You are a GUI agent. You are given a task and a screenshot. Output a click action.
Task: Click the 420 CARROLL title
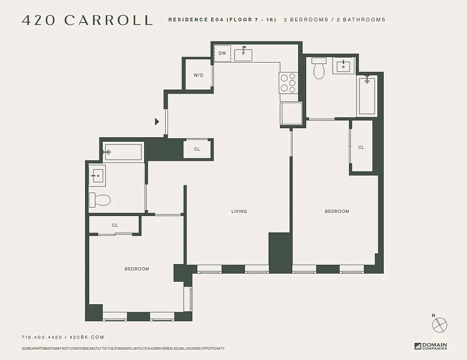pyautogui.click(x=87, y=20)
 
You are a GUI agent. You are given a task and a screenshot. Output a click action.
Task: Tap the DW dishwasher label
pyautogui.click(x=222, y=54)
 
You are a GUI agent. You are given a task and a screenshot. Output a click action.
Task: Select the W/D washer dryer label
pyautogui.click(x=199, y=75)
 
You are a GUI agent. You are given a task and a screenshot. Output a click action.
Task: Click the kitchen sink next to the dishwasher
pyautogui.click(x=243, y=54)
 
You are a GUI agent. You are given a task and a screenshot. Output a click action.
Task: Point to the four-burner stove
pyautogui.click(x=288, y=83)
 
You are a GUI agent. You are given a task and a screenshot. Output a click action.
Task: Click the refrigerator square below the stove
pyautogui.click(x=291, y=113)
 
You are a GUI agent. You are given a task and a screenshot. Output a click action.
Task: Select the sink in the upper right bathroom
pyautogui.click(x=344, y=66)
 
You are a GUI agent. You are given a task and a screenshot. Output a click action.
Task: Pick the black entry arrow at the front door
pyautogui.click(x=157, y=121)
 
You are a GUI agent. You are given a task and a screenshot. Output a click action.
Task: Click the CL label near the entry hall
pyautogui.click(x=197, y=149)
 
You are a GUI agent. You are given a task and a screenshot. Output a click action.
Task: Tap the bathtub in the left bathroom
pyautogui.click(x=123, y=152)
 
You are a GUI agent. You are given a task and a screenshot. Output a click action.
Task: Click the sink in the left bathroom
pyautogui.click(x=98, y=175)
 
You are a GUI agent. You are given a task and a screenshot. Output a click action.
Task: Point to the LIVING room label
pyautogui.click(x=239, y=211)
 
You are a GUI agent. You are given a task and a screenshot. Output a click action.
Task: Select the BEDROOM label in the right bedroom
pyautogui.click(x=337, y=211)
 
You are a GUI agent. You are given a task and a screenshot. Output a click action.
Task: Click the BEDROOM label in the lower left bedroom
pyautogui.click(x=137, y=269)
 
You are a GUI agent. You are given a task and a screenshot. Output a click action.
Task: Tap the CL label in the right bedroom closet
pyautogui.click(x=361, y=148)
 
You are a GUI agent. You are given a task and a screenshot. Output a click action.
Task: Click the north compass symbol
pyautogui.click(x=439, y=324)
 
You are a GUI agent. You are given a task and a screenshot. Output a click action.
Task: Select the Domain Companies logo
pyautogui.click(x=431, y=346)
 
